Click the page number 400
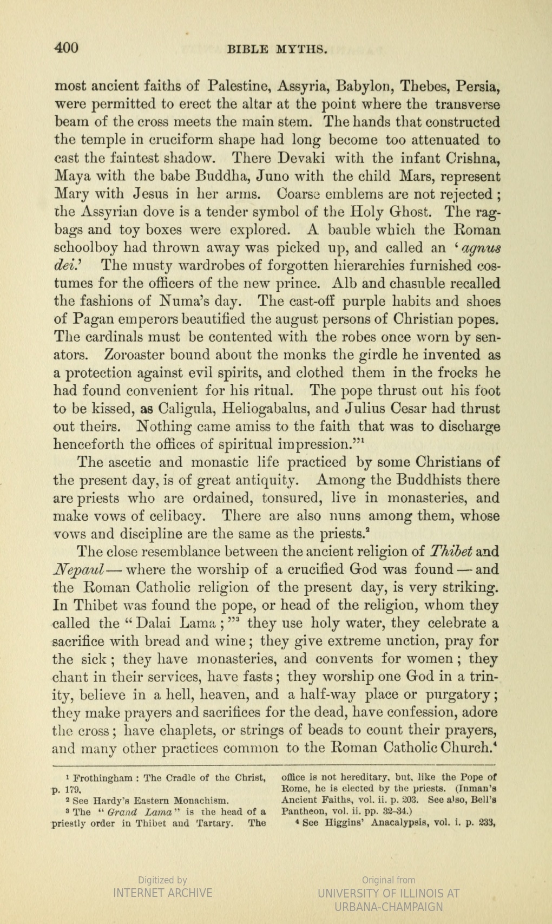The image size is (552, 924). [x=67, y=48]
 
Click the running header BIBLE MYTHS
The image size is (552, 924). [x=277, y=50]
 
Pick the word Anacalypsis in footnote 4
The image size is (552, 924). [x=398, y=823]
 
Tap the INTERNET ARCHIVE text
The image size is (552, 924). [x=162, y=893]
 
